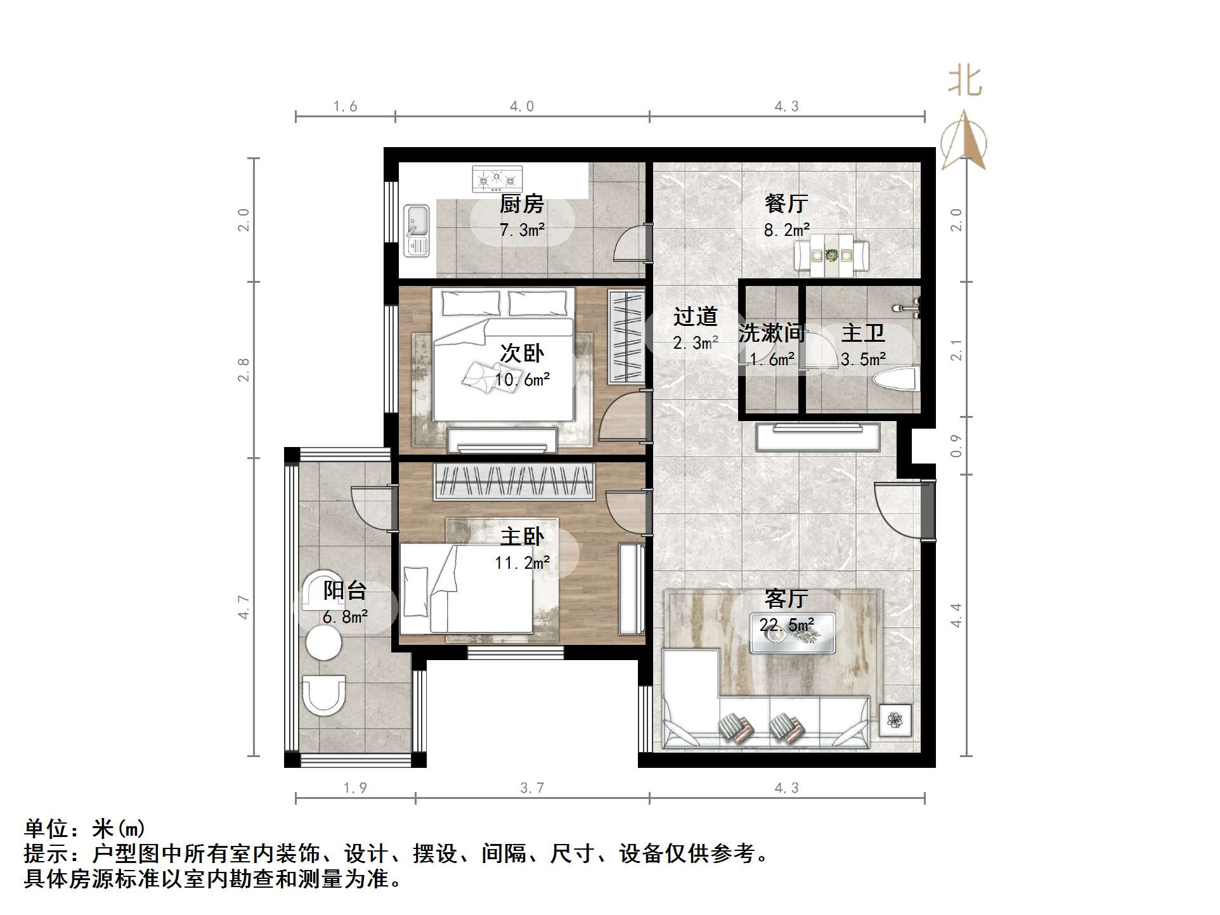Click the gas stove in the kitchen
(497, 179)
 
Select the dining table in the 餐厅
(831, 256)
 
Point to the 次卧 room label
(521, 353)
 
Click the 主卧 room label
(521, 537)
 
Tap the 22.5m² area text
(787, 625)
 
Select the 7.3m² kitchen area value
(521, 230)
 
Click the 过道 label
(695, 316)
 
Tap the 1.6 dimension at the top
(345, 107)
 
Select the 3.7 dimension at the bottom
(532, 788)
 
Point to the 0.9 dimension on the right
(956, 446)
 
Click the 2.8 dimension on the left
(243, 370)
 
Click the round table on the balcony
(323, 642)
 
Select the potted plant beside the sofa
(895, 720)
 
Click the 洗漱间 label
(771, 333)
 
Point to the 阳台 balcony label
(345, 591)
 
